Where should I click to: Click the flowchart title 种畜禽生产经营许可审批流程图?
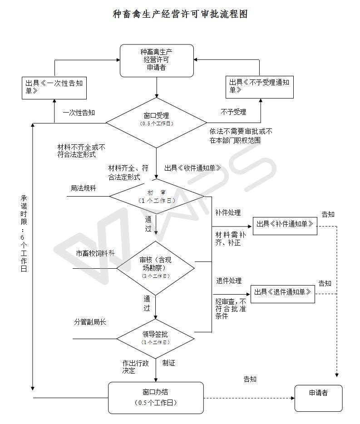click(x=180, y=14)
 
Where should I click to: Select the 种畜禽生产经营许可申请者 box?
click(x=157, y=60)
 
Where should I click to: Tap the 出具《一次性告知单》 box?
click(x=54, y=88)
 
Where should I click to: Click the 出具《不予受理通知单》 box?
click(x=259, y=87)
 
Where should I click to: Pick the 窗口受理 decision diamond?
click(x=156, y=123)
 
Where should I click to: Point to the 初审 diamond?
click(x=157, y=197)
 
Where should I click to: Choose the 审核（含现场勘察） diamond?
click(x=156, y=268)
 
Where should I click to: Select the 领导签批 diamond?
click(x=156, y=339)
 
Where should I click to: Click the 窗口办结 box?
click(x=156, y=398)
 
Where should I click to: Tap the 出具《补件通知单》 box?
click(x=285, y=226)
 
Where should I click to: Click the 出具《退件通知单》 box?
click(x=283, y=294)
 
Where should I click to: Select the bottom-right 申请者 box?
click(x=318, y=398)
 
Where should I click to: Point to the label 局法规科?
click(x=84, y=188)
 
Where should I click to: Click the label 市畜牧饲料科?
click(x=95, y=253)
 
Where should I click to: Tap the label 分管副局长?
click(x=90, y=322)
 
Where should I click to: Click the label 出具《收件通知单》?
click(x=192, y=168)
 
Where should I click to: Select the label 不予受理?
click(x=233, y=112)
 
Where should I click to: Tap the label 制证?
click(x=168, y=363)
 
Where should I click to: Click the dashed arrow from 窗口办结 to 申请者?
click(x=249, y=398)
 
